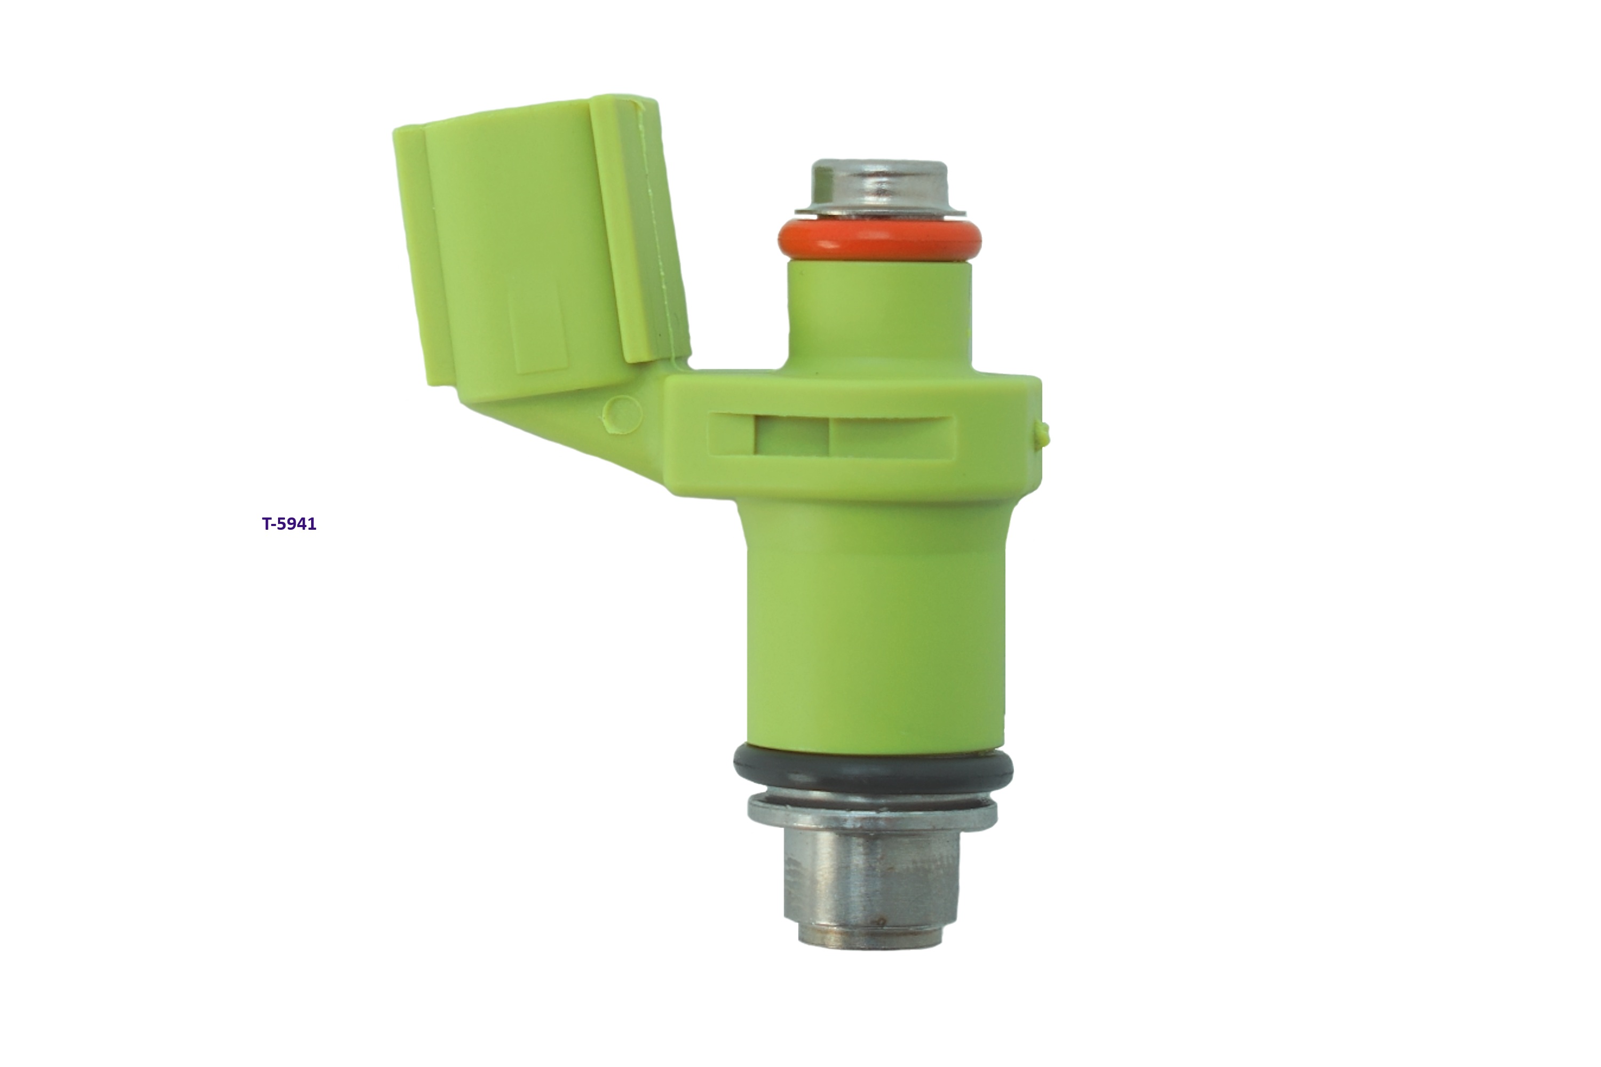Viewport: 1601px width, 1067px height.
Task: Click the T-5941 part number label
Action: (x=289, y=524)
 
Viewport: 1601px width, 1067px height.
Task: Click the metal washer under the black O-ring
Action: (x=873, y=810)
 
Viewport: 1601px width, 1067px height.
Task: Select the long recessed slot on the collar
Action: (x=832, y=435)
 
